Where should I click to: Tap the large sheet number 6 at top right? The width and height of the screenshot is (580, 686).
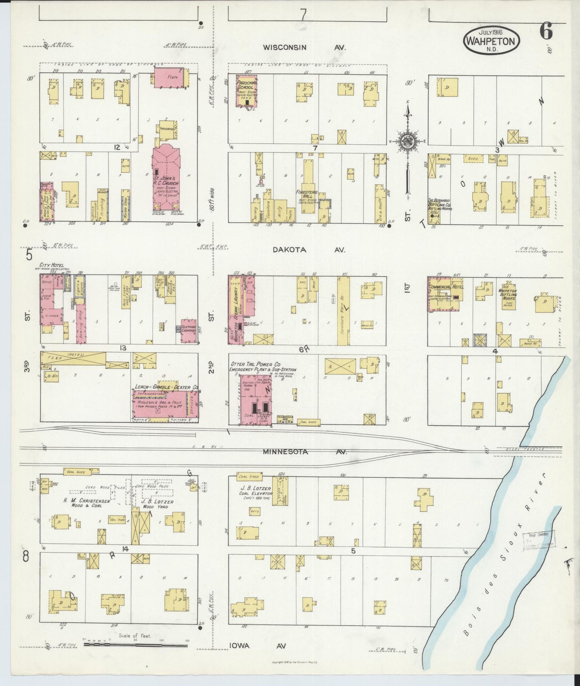[x=546, y=31]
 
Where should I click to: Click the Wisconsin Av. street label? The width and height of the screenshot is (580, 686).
[x=304, y=47]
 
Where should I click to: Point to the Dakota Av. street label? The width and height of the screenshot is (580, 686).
[x=309, y=250]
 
